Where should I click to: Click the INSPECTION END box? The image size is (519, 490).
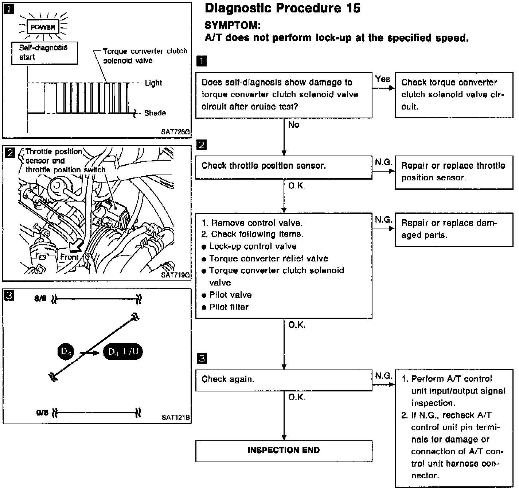pyautogui.click(x=284, y=451)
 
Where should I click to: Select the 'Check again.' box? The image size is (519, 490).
pyautogui.click(x=284, y=380)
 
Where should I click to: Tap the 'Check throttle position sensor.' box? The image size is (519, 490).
pyautogui.click(x=284, y=166)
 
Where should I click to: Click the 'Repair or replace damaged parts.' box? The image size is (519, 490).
pyautogui.click(x=453, y=229)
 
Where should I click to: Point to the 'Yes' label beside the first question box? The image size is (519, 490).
pyautogui.click(x=382, y=79)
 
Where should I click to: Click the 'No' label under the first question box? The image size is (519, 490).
pyautogui.click(x=294, y=125)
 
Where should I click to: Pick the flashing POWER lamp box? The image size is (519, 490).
pyautogui.click(x=43, y=27)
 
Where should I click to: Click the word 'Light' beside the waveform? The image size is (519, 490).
pyautogui.click(x=153, y=83)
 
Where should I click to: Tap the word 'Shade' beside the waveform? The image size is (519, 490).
pyautogui.click(x=155, y=113)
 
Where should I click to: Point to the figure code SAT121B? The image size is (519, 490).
pyautogui.click(x=176, y=417)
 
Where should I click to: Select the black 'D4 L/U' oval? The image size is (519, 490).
pyautogui.click(x=123, y=352)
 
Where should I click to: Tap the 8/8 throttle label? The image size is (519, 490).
pyautogui.click(x=41, y=299)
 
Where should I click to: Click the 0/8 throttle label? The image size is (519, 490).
pyautogui.click(x=42, y=413)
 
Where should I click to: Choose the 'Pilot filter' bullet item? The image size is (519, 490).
pyautogui.click(x=229, y=307)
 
